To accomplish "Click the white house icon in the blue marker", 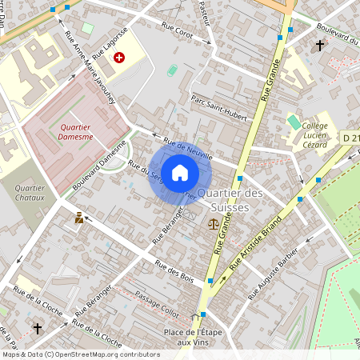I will click(180, 173).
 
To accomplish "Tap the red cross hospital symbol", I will click(120, 58).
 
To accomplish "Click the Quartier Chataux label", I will click(30, 194).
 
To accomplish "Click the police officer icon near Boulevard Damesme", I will click(79, 218).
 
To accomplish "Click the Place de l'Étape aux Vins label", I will click(193, 337).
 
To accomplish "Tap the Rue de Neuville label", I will click(187, 150).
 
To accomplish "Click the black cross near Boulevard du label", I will click(320, 46).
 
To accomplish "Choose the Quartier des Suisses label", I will click(229, 201).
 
